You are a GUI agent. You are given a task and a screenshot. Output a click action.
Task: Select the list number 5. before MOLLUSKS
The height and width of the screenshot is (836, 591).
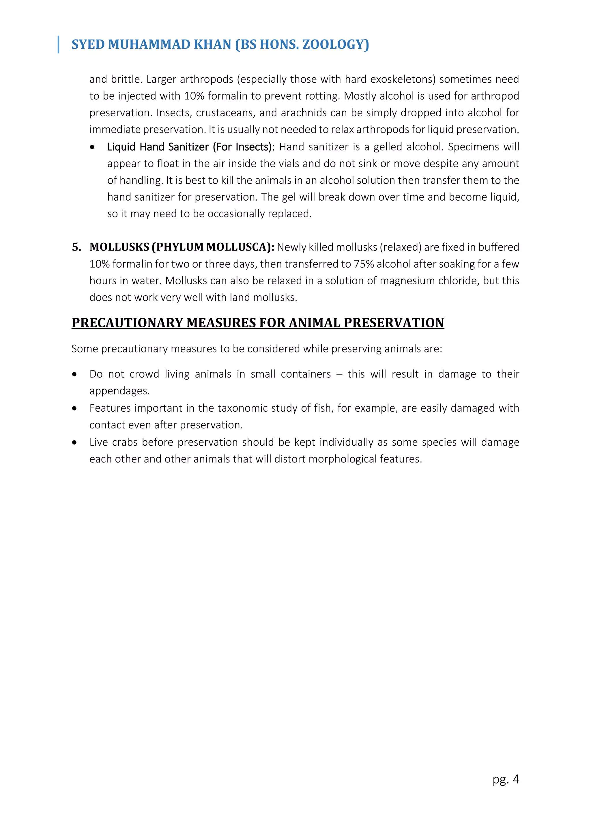tap(76, 247)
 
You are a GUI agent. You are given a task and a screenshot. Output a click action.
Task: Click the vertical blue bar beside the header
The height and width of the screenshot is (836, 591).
tap(58, 44)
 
